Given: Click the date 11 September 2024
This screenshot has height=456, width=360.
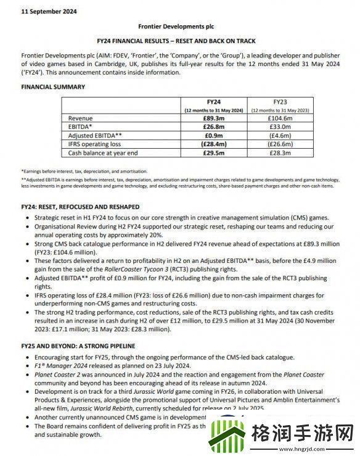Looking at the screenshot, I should (41, 11).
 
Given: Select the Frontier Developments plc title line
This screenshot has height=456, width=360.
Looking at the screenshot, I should (179, 27).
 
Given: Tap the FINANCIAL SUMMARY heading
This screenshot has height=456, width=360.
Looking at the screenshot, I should (53, 87).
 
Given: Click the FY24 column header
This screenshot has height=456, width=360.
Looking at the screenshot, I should (213, 100).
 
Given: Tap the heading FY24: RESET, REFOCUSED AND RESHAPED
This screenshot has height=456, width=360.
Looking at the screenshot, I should (80, 206).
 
